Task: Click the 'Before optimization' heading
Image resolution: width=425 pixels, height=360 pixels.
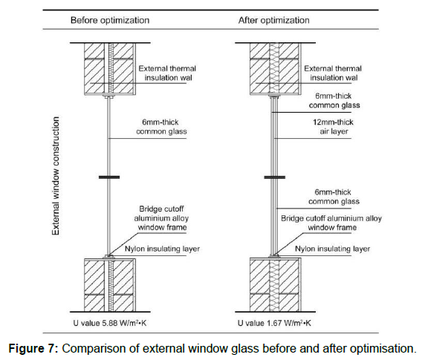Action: [x=110, y=21]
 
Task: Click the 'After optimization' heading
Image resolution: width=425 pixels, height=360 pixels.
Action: [x=273, y=21]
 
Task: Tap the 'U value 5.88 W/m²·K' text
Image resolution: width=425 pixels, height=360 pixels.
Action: [x=110, y=323]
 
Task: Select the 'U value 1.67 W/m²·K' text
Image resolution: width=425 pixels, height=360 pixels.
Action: [x=274, y=323]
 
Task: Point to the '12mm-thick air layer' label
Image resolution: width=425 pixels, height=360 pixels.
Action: [x=334, y=127]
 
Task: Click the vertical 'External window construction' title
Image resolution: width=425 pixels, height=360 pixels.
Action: [x=56, y=176]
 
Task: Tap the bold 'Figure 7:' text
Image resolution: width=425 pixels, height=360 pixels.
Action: [x=33, y=349]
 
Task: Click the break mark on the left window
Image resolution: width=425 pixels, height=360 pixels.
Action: [x=109, y=177]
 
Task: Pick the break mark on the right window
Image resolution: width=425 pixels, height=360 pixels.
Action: [x=275, y=177]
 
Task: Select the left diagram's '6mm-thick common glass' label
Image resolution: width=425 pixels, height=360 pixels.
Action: [x=161, y=127]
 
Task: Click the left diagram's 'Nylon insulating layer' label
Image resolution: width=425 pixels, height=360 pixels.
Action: [x=162, y=249]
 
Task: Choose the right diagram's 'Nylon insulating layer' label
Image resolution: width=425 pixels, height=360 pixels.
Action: [x=333, y=249]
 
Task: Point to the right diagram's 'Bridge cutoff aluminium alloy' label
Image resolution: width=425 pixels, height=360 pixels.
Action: [x=331, y=218]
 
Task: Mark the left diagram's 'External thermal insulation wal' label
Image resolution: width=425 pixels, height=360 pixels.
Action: [x=167, y=73]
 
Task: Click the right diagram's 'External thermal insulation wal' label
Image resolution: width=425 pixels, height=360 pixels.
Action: [x=333, y=73]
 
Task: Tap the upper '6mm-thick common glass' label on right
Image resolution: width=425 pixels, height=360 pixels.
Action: [x=334, y=101]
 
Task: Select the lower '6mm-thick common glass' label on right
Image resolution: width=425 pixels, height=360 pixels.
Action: [x=334, y=197]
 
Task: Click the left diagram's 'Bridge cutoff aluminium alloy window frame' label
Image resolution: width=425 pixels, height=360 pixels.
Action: [x=162, y=218]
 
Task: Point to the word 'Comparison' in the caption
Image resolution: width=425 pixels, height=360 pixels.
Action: [x=94, y=349]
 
